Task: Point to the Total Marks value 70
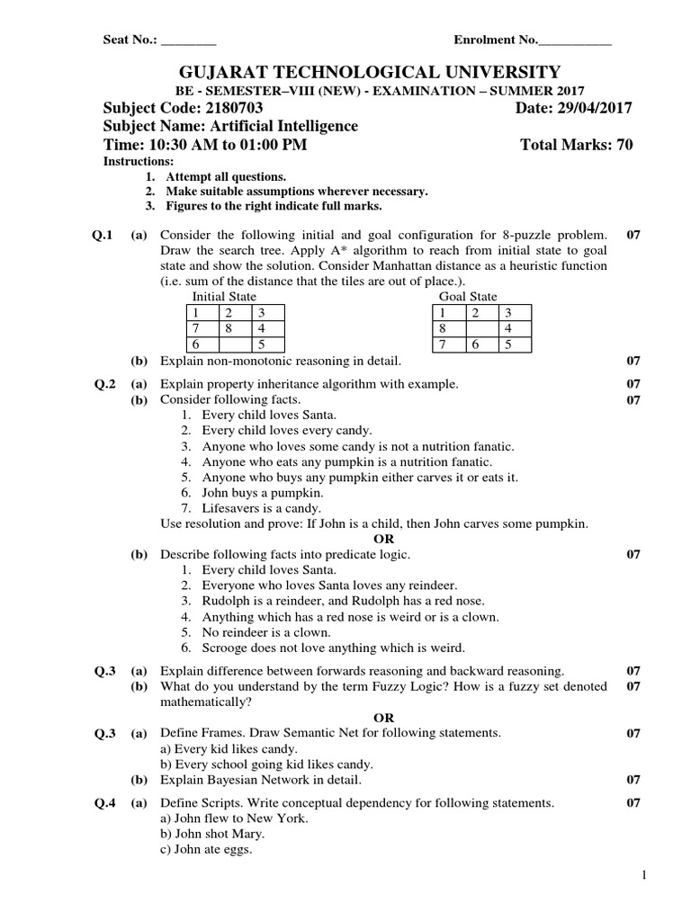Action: [x=624, y=146]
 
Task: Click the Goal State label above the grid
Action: [x=468, y=296]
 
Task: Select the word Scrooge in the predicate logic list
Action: [x=227, y=648]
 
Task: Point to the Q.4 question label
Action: [x=106, y=802]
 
